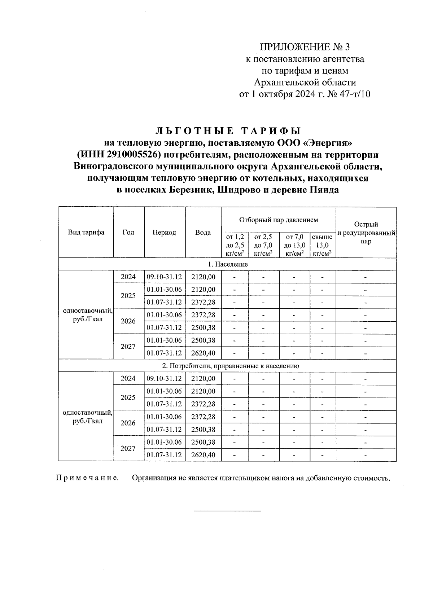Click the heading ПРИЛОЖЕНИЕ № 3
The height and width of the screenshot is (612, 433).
[305, 47]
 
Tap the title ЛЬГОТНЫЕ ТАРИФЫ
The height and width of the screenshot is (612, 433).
[228, 131]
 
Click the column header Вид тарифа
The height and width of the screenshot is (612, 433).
[86, 232]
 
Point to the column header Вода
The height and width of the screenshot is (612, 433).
[203, 233]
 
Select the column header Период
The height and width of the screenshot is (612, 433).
[164, 233]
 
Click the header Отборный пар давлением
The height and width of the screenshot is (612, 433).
[279, 219]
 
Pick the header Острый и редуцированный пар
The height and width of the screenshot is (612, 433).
[366, 233]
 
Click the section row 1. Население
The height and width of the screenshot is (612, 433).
[228, 264]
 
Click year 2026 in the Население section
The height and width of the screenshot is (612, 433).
[128, 321]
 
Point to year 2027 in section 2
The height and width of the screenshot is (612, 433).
[128, 448]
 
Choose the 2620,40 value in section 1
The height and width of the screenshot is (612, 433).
[203, 353]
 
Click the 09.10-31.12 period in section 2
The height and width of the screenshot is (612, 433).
[164, 378]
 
